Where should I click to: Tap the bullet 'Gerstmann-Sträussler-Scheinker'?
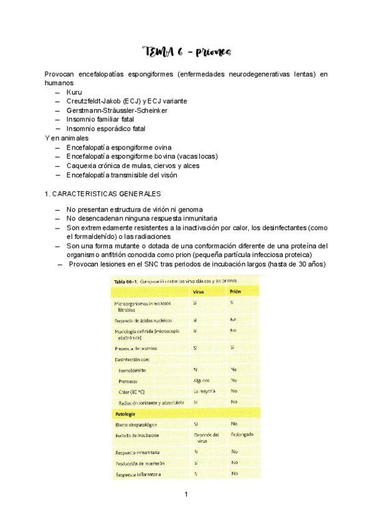(x=116, y=110)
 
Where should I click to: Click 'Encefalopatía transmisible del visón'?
(x=121, y=175)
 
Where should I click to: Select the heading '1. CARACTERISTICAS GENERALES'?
(x=103, y=194)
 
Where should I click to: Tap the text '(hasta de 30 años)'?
(x=294, y=264)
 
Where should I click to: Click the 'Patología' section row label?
(x=127, y=413)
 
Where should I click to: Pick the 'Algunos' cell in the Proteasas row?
(x=201, y=380)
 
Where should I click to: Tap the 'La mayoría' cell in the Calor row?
(x=204, y=391)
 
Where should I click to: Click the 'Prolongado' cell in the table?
(x=242, y=434)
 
